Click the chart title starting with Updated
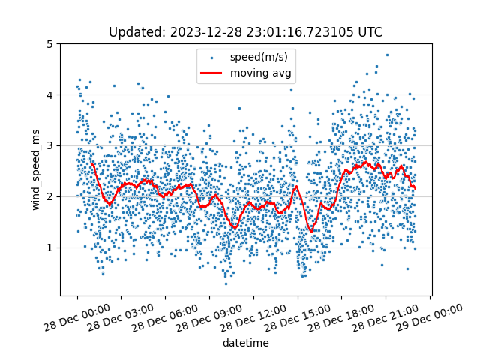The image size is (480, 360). pos(245,32)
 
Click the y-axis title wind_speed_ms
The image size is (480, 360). pos(36,169)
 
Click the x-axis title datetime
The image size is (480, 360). pos(245,343)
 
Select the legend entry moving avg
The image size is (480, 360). pos(261,73)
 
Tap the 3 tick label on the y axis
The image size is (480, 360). pos(52,145)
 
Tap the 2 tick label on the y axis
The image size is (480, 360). pos(52,196)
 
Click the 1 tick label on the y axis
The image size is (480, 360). pos(52,247)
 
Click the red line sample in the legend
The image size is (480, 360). pos(213,73)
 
